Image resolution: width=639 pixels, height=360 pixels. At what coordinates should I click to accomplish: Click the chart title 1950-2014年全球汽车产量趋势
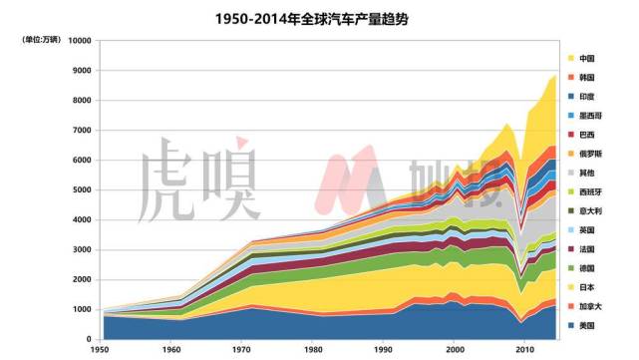pos(319,19)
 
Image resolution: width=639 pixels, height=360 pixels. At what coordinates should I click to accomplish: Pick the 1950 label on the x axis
pos(100,350)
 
